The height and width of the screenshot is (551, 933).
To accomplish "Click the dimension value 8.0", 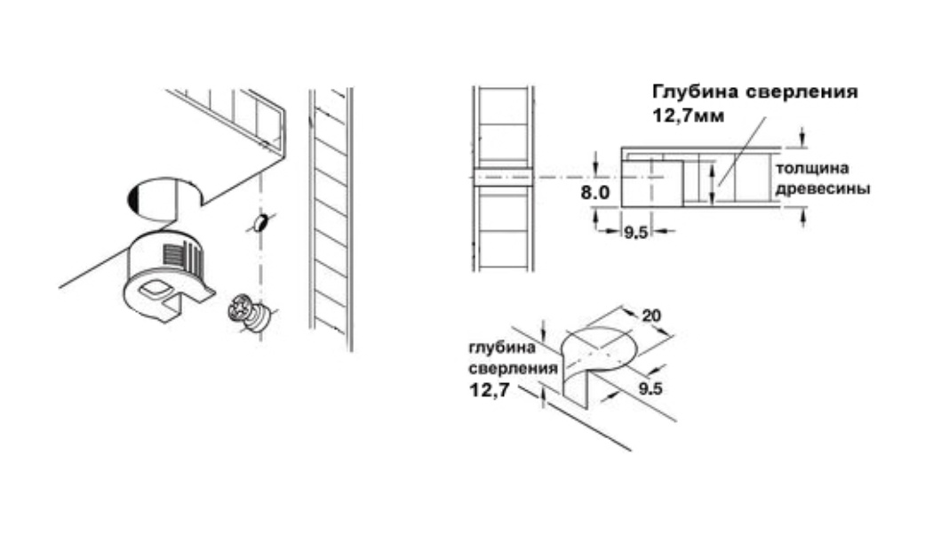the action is click(x=595, y=193).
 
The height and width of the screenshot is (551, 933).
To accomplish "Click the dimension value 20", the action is click(x=651, y=315).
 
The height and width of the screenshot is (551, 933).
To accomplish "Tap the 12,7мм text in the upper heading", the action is click(x=689, y=116).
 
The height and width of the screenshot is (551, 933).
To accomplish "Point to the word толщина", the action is click(x=812, y=168).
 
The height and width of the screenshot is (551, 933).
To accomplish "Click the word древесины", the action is click(x=823, y=189).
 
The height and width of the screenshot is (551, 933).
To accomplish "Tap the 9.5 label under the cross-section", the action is click(x=635, y=233).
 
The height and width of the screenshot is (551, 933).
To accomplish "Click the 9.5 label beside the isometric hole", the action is click(x=650, y=388).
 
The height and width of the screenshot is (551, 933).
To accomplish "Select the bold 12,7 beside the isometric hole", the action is click(x=489, y=390).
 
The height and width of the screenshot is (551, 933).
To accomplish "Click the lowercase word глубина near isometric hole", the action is click(x=502, y=348).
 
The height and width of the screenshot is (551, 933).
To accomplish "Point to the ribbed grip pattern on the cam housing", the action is click(x=181, y=257).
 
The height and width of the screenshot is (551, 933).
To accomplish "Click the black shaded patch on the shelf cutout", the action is click(x=132, y=197).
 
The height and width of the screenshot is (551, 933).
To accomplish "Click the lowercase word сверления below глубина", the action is click(x=513, y=368).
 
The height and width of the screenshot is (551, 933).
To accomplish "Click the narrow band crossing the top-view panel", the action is click(x=504, y=178).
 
